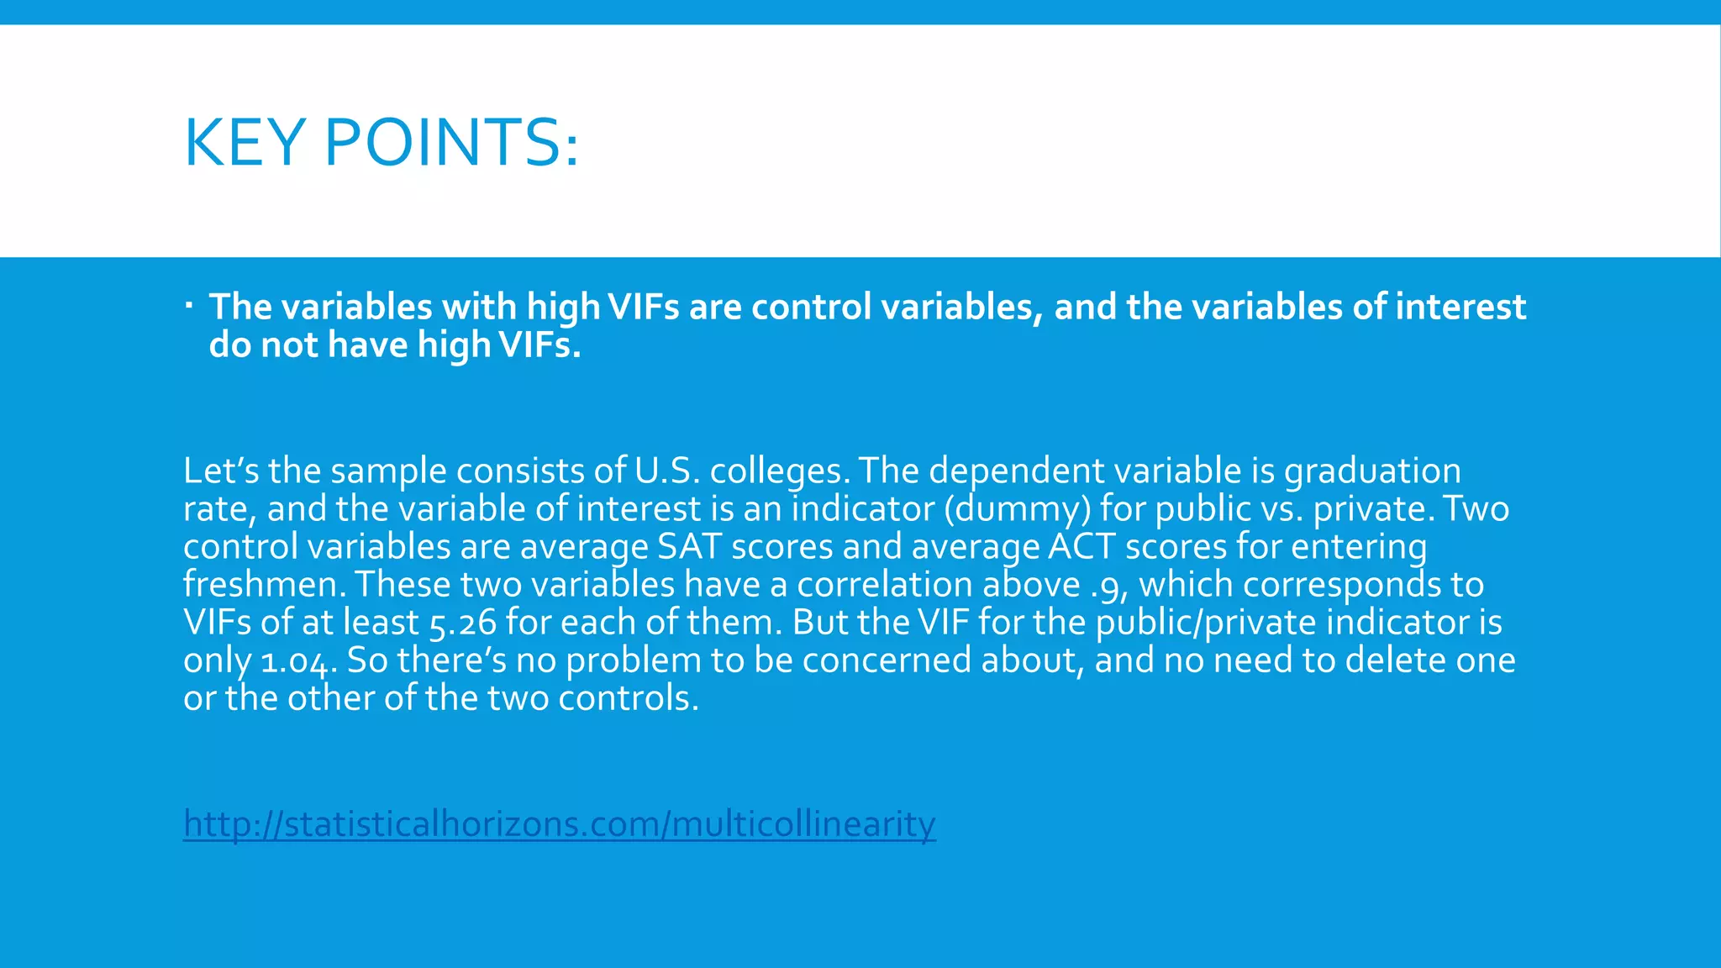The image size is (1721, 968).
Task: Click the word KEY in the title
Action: click(x=244, y=142)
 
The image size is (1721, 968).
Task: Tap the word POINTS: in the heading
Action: click(x=451, y=142)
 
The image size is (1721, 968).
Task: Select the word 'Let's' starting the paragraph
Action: click(x=221, y=471)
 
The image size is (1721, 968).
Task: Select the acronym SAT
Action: click(x=689, y=547)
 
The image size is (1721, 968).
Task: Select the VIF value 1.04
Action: click(x=298, y=661)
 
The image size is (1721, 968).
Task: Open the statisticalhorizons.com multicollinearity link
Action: click(x=559, y=824)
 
